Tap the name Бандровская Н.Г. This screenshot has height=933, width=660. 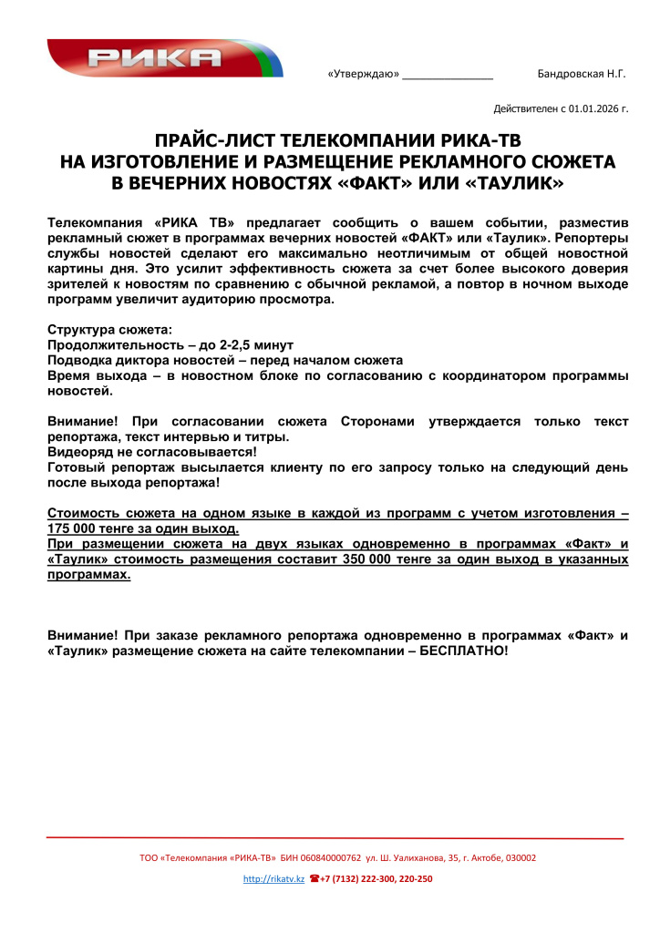(582, 74)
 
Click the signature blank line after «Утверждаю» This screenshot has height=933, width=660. (448, 76)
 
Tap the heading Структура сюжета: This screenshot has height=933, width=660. (108, 329)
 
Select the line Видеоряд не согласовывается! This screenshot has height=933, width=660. (152, 451)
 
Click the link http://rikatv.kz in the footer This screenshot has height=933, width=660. (273, 878)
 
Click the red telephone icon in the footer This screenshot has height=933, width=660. (314, 878)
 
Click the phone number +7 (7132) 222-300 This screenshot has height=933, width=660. (360, 878)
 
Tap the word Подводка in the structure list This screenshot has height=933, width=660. (81, 361)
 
